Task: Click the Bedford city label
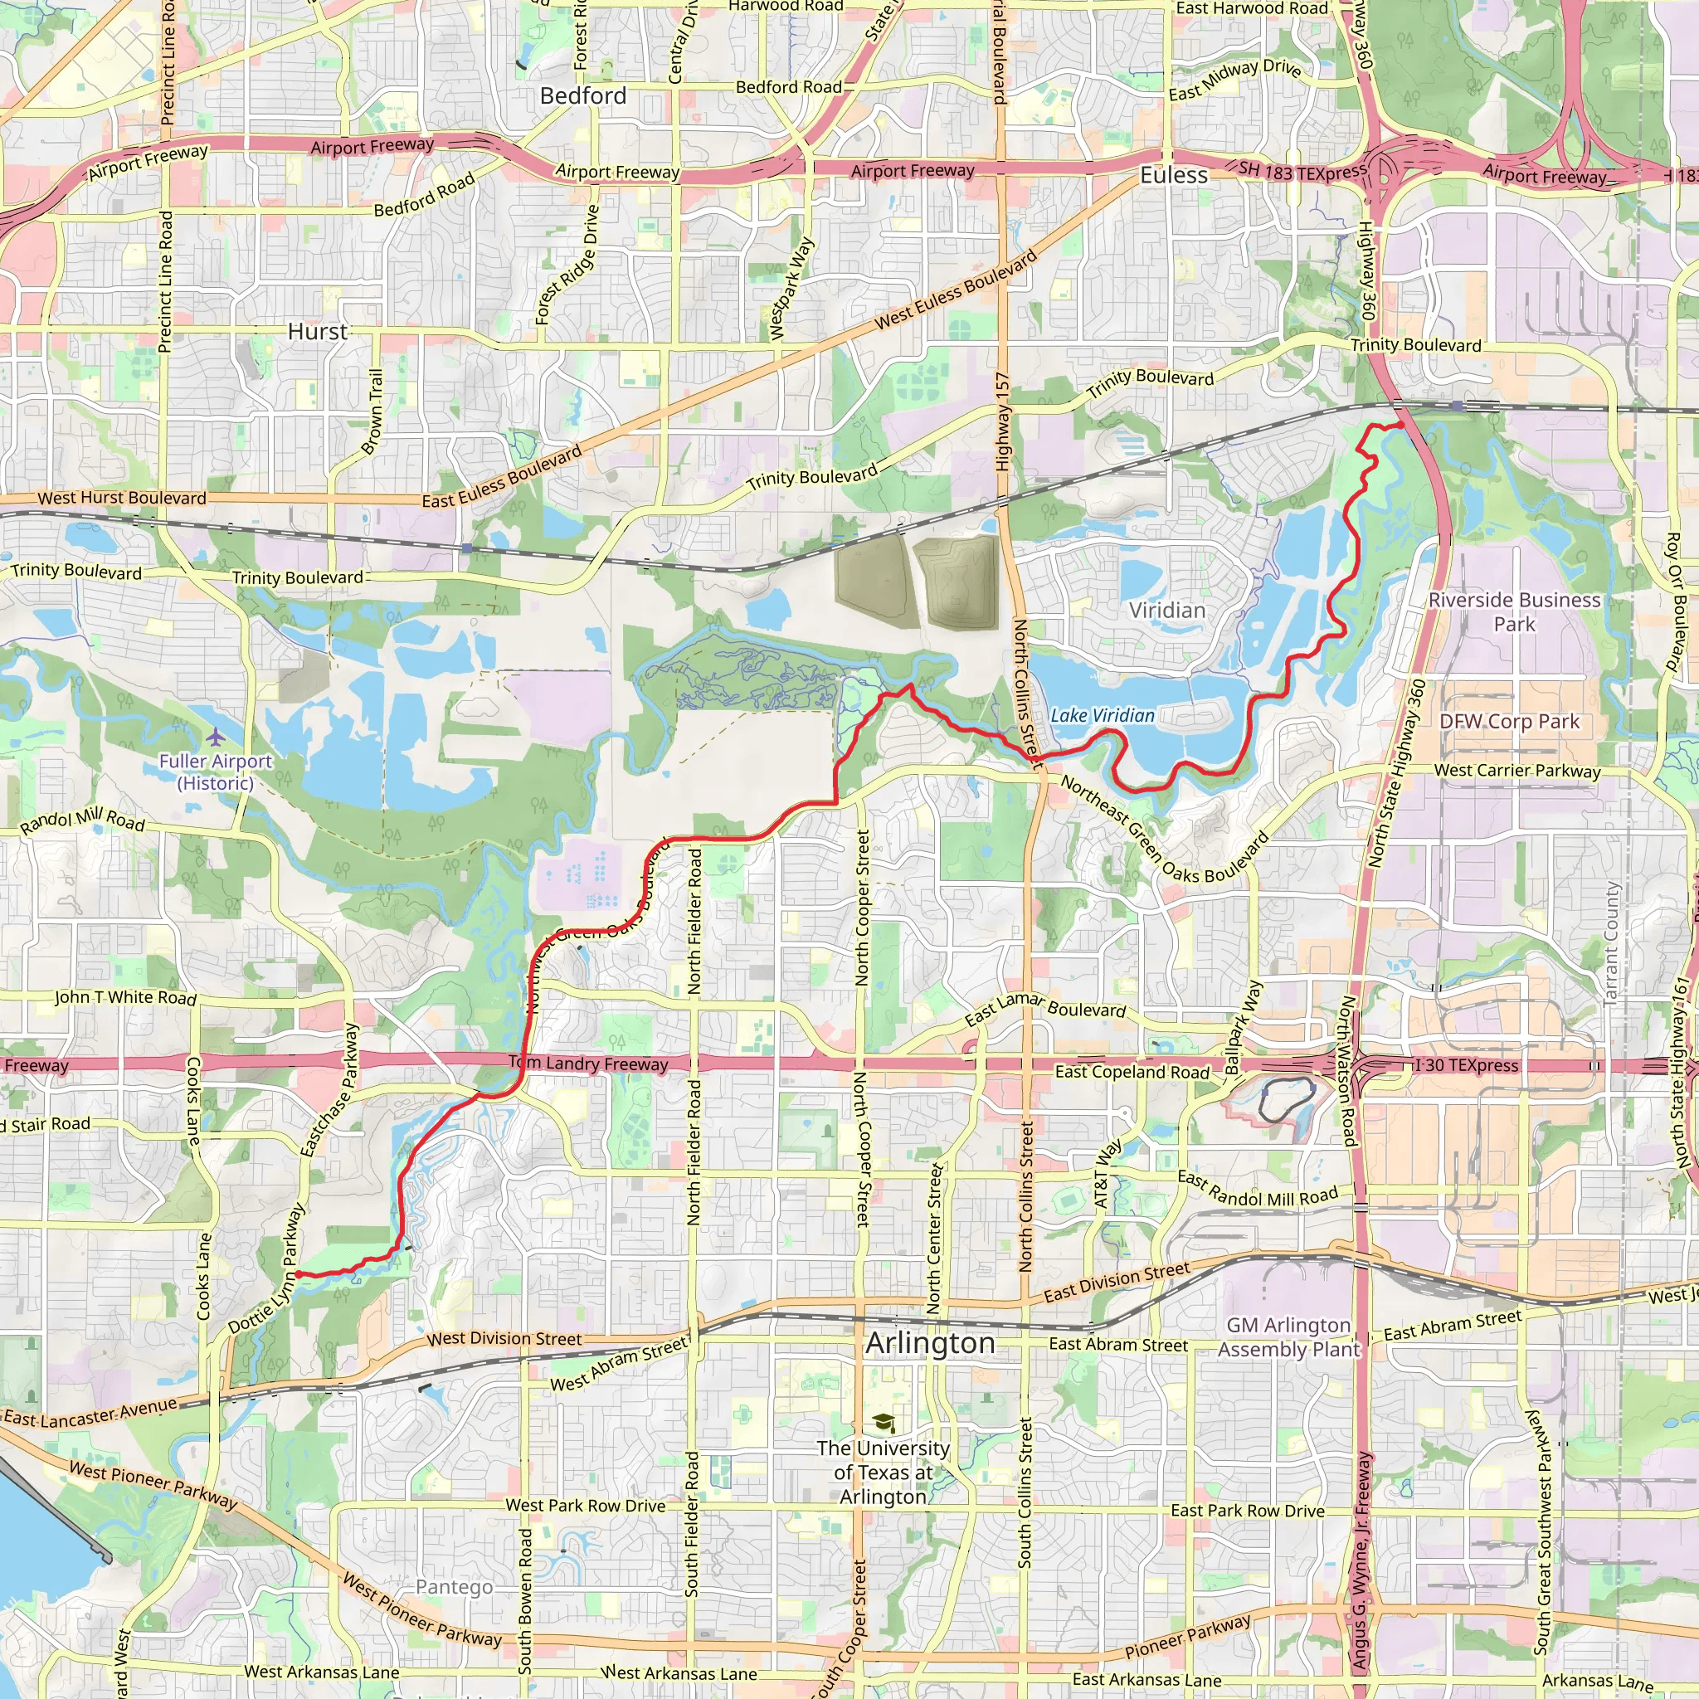click(x=583, y=96)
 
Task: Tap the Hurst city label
click(x=318, y=332)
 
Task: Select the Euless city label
click(x=1173, y=175)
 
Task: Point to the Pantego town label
click(x=454, y=1586)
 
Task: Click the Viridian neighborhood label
click(x=1167, y=611)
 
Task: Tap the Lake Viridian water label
click(x=1102, y=716)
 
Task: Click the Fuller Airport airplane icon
click(x=216, y=735)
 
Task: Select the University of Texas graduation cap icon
click(x=883, y=1423)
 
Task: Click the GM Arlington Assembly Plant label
click(x=1288, y=1336)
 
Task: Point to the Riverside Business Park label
click(x=1513, y=612)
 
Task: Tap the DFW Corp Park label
click(x=1509, y=722)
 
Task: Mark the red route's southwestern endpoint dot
click(x=298, y=1273)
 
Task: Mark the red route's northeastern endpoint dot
click(x=1400, y=426)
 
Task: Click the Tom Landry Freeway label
click(x=588, y=1064)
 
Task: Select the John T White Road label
click(x=125, y=997)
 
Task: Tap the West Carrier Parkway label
click(x=1517, y=771)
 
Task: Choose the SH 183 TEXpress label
click(x=1302, y=172)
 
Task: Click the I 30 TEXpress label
click(x=1466, y=1065)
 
